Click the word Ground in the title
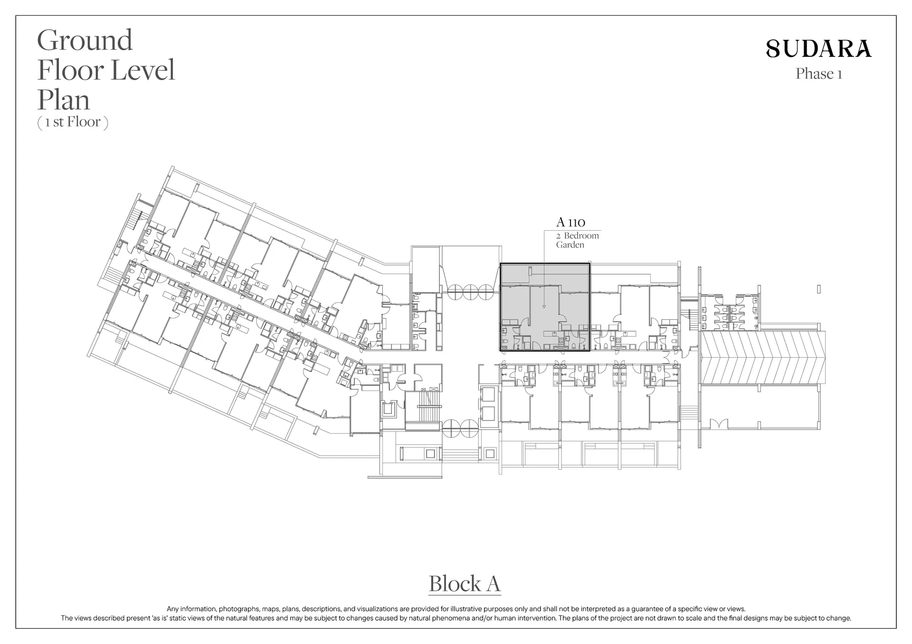[85, 40]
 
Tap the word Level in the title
[143, 70]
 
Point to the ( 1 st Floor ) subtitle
[73, 122]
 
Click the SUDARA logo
[819, 49]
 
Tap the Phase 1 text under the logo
[819, 74]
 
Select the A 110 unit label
[570, 222]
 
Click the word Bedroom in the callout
[581, 236]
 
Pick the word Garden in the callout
[570, 245]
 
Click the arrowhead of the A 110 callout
[544, 307]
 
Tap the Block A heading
[465, 584]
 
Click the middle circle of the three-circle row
[470, 292]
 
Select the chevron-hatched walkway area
[763, 357]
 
